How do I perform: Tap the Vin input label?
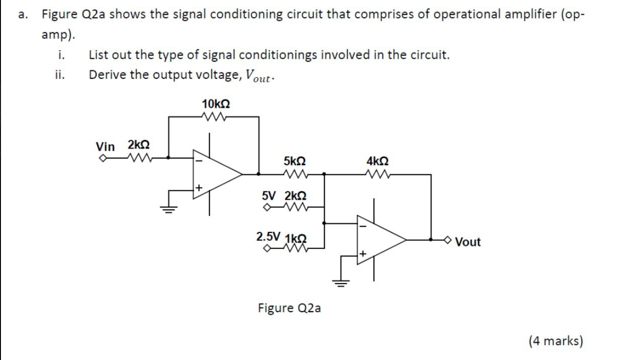coord(105,147)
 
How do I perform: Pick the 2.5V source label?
coord(268,236)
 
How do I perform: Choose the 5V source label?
coord(268,195)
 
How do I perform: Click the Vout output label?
coord(468,242)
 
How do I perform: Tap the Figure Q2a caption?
coord(289,308)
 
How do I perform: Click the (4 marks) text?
coord(556,341)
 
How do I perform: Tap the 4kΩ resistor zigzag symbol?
coord(378,175)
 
